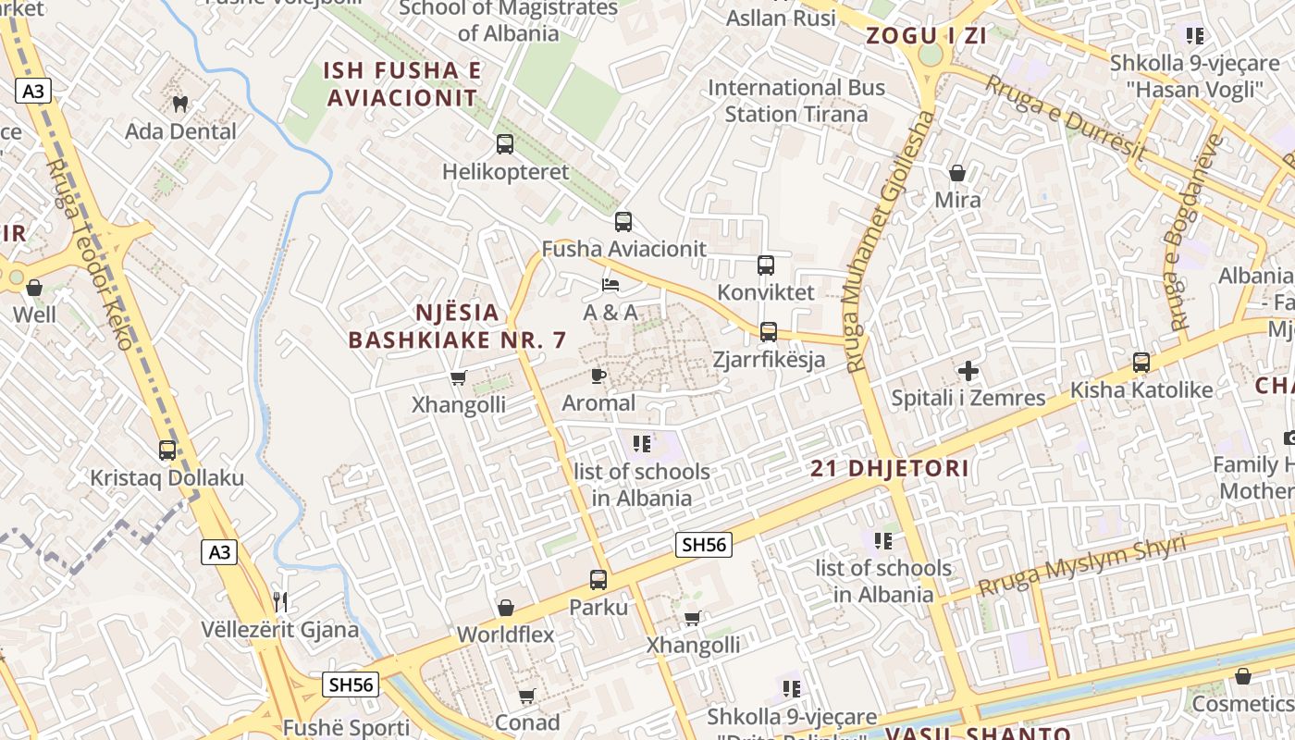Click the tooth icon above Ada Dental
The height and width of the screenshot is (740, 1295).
[x=180, y=104]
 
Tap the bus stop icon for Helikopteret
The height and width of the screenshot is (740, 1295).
[x=504, y=144]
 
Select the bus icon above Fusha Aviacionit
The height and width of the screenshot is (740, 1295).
[x=623, y=222]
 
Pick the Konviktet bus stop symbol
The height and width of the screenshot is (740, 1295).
[x=766, y=265]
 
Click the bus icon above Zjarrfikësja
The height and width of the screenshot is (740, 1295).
[x=769, y=332]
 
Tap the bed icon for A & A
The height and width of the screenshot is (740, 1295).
[x=610, y=285]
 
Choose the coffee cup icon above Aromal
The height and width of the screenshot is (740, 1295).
[x=598, y=376]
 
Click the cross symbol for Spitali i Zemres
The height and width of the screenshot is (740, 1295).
[x=968, y=372]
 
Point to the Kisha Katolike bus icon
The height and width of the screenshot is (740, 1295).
[x=1141, y=363]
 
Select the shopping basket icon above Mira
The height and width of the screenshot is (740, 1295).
[x=957, y=173]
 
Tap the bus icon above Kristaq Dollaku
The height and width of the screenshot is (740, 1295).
[x=167, y=450]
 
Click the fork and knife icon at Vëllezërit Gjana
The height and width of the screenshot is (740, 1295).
[x=280, y=602]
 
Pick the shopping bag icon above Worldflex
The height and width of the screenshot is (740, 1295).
[x=506, y=608]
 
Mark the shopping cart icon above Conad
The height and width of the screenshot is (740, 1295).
[x=527, y=695]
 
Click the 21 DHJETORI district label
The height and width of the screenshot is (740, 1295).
[x=890, y=468]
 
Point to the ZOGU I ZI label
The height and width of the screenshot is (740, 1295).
[x=926, y=36]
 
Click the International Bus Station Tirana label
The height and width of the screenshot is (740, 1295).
[x=796, y=101]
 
